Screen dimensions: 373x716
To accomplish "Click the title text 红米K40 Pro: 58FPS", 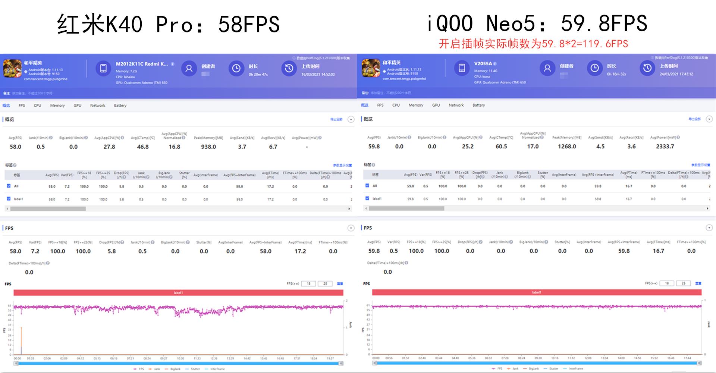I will [x=168, y=25].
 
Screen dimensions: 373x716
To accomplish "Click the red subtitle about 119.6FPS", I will [x=533, y=44].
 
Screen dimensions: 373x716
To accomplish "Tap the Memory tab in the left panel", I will [x=57, y=106].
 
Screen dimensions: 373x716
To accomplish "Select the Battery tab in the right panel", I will [x=478, y=105].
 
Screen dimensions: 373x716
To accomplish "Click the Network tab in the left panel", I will [x=98, y=106].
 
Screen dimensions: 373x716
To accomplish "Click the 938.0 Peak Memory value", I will [x=208, y=147].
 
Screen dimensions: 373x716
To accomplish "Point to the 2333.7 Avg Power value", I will [x=665, y=147].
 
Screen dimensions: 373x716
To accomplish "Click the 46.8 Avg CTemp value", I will [x=143, y=147].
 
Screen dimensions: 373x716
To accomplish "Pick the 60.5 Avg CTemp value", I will [x=501, y=147].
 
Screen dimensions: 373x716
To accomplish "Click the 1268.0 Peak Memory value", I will [x=567, y=147].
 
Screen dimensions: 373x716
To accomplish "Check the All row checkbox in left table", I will [x=9, y=186].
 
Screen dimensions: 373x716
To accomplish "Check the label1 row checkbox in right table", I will [x=367, y=198].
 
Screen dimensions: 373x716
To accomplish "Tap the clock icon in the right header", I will [x=594, y=68].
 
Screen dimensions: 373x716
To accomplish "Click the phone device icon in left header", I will [x=103, y=68].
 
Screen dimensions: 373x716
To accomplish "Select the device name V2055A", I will [x=483, y=64].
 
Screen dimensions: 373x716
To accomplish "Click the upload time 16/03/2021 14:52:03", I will [x=318, y=75].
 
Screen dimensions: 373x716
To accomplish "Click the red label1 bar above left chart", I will [x=178, y=293].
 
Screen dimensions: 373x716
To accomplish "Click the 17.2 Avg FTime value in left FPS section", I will [x=300, y=251].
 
